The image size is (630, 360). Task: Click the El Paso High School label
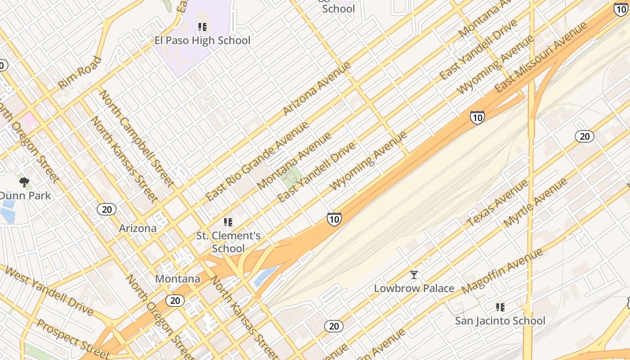pyautogui.click(x=202, y=40)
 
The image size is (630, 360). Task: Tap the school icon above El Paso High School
pyautogui.click(x=202, y=27)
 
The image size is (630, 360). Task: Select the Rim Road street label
pyautogui.click(x=80, y=72)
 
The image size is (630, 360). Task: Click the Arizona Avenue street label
pyautogui.click(x=317, y=88)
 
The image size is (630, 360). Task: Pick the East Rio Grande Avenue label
pyautogui.click(x=257, y=161)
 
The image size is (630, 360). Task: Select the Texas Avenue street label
pyautogui.click(x=497, y=204)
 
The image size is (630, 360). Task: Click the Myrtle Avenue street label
pyautogui.click(x=535, y=202)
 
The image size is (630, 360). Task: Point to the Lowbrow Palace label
pyautogui.click(x=414, y=288)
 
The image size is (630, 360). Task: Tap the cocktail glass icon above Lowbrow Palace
pyautogui.click(x=414, y=274)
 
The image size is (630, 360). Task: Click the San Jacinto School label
pyautogui.click(x=500, y=321)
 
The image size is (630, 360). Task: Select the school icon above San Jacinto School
pyautogui.click(x=500, y=307)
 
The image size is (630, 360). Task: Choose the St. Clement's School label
pyautogui.click(x=228, y=242)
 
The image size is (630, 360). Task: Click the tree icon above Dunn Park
pyautogui.click(x=24, y=182)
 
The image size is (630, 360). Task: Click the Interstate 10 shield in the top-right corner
pyautogui.click(x=621, y=9)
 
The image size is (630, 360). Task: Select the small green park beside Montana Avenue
pyautogui.click(x=291, y=177)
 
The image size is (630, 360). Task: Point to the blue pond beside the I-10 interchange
pyautogui.click(x=266, y=275)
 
